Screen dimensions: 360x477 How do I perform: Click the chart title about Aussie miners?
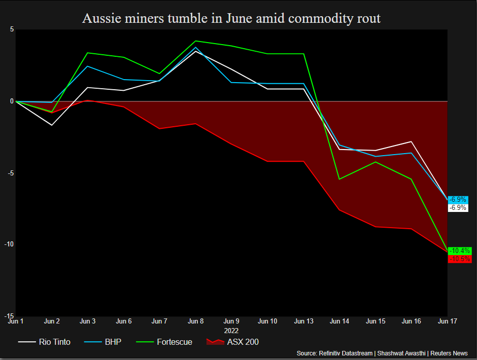click(231, 19)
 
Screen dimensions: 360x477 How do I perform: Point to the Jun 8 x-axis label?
click(195, 321)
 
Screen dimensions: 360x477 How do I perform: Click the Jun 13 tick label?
click(303, 321)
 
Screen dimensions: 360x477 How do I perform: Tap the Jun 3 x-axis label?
click(88, 321)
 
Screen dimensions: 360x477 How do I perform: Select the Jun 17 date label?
click(447, 321)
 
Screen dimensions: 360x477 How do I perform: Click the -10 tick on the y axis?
click(9, 244)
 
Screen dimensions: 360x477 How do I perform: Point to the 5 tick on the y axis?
click(12, 29)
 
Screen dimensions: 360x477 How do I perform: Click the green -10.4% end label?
click(460, 251)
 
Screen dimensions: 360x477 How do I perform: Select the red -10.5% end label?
click(460, 259)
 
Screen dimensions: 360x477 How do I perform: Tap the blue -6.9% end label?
click(458, 200)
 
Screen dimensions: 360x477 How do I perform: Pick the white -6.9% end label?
click(458, 208)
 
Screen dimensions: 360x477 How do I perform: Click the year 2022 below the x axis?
click(231, 330)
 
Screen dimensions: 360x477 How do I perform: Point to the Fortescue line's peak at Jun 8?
click(195, 41)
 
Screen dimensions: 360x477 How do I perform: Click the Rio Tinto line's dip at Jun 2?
click(52, 125)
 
